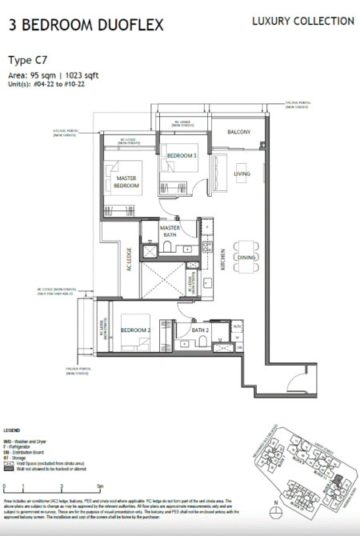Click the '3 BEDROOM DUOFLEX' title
coord(86,25)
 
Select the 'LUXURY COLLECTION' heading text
coord(302,21)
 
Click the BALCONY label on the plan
coord(239,132)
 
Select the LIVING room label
coord(242,174)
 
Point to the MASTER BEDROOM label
coord(128,182)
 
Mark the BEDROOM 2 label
coord(137,330)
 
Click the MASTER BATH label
coord(170,230)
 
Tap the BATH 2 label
coord(200,330)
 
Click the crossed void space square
coord(161,286)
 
